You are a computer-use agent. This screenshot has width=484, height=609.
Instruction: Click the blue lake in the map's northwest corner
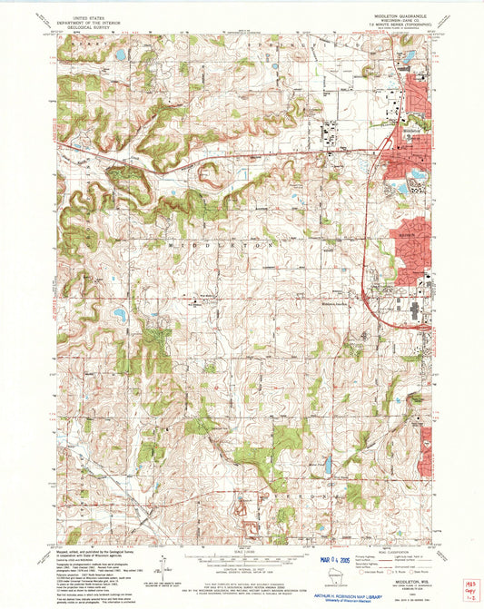tap(120, 55)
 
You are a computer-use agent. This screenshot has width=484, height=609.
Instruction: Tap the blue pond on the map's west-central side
tap(120, 316)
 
